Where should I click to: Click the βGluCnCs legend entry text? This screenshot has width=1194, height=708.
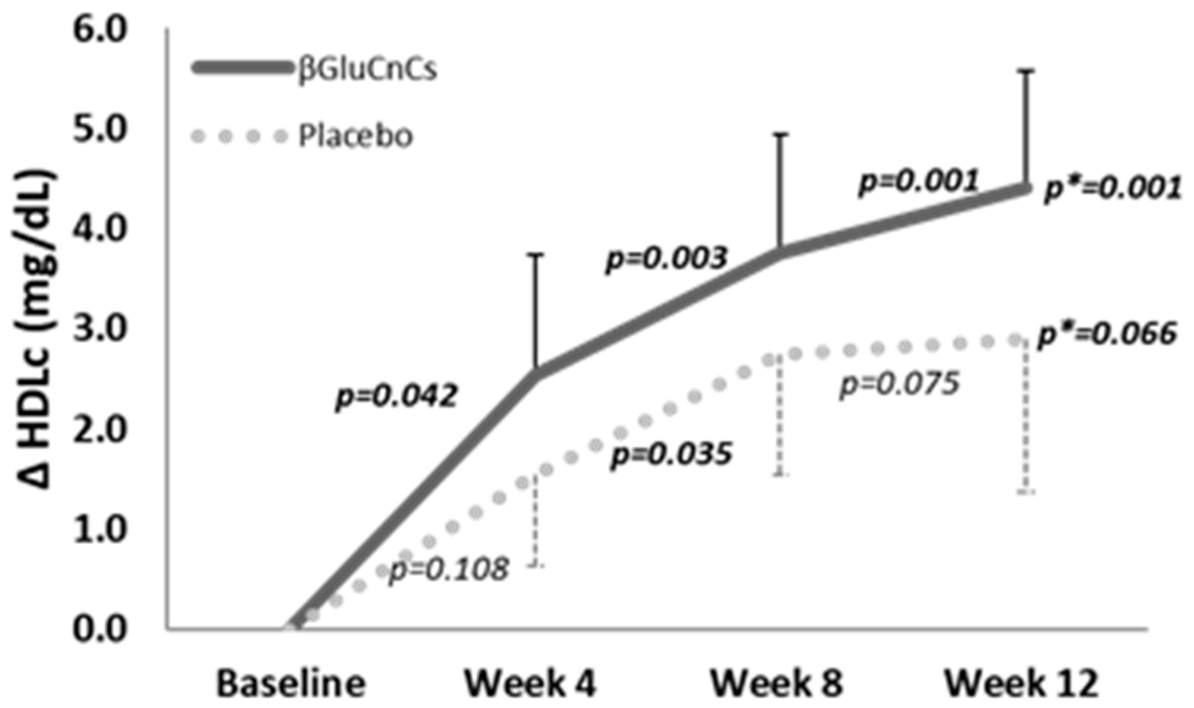(367, 69)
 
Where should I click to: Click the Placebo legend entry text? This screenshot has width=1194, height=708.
(355, 137)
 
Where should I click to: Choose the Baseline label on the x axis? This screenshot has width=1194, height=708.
(291, 683)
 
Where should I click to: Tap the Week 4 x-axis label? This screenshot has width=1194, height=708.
(530, 683)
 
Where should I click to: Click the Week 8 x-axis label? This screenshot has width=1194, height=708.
(776, 683)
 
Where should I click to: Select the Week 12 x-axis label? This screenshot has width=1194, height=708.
(1021, 683)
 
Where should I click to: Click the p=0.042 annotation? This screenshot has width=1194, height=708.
(397, 396)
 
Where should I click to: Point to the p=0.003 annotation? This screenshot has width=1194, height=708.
(666, 259)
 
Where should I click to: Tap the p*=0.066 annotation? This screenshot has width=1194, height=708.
(1108, 334)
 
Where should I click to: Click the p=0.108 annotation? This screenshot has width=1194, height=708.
(449, 569)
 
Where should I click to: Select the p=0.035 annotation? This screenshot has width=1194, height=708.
(672, 455)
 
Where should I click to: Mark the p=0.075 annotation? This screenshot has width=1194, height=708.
(899, 383)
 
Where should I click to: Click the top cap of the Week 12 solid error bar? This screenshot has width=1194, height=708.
(1027, 71)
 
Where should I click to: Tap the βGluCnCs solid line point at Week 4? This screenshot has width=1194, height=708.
(536, 373)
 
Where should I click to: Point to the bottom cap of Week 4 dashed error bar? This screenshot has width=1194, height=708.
(536, 566)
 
